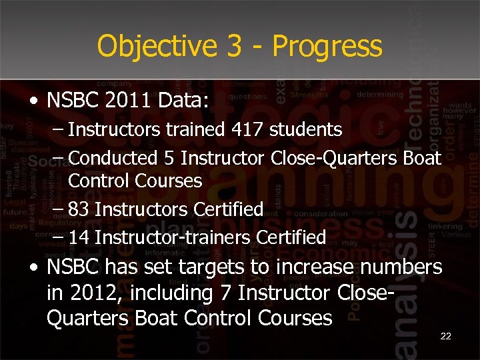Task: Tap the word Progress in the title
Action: (x=327, y=47)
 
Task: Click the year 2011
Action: (x=127, y=102)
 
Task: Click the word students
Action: (x=306, y=129)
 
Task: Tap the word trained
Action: (x=190, y=129)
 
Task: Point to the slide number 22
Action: (x=446, y=337)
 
